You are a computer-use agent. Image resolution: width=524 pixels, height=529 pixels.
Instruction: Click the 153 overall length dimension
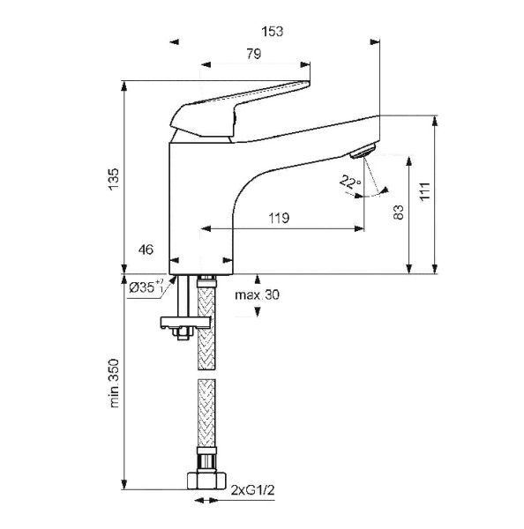[272, 32]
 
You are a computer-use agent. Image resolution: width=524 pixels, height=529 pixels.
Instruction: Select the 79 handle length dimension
[253, 54]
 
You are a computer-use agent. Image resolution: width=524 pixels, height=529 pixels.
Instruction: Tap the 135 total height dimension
[114, 179]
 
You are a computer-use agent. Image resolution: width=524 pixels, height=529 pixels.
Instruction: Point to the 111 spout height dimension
[424, 191]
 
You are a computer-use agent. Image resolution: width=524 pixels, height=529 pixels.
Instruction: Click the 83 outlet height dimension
[399, 212]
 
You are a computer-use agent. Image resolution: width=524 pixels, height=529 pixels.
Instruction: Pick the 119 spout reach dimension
[279, 218]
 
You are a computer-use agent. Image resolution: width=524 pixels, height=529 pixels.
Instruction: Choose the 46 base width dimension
[146, 250]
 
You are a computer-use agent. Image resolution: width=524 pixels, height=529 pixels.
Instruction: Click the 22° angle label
[350, 182]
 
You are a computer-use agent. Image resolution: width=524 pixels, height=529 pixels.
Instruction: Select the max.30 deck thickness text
[258, 294]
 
